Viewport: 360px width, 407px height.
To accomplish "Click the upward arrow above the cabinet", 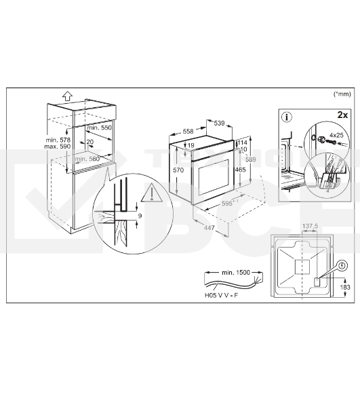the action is click(68, 96).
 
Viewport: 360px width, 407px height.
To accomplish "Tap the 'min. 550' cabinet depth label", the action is click(100, 128).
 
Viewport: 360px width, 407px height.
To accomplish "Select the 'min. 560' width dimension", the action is click(87, 159).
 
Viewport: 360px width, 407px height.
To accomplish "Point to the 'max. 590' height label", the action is click(58, 147).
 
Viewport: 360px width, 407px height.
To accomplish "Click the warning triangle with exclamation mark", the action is click(151, 193).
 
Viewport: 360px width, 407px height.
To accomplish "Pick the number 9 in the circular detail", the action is click(140, 216).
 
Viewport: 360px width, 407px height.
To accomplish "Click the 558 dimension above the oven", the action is click(188, 132).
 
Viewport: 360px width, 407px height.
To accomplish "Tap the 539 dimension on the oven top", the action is click(219, 123).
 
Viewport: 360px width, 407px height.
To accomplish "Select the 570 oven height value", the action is click(178, 170).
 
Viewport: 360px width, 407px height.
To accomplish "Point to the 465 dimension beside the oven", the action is click(240, 170).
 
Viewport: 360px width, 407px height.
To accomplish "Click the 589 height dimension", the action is click(251, 159).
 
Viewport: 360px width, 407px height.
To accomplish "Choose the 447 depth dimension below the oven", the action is click(209, 228).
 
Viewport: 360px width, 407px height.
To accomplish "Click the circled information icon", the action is click(287, 117).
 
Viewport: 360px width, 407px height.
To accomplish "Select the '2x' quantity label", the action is click(342, 115).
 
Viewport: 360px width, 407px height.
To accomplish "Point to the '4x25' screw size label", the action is click(336, 135).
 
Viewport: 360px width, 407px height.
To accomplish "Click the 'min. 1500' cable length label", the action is click(236, 272).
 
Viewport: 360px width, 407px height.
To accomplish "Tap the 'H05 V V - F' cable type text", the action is click(221, 295).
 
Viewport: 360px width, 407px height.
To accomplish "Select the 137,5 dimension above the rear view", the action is click(310, 227).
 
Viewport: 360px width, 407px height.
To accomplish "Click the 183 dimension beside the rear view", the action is click(345, 288).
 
